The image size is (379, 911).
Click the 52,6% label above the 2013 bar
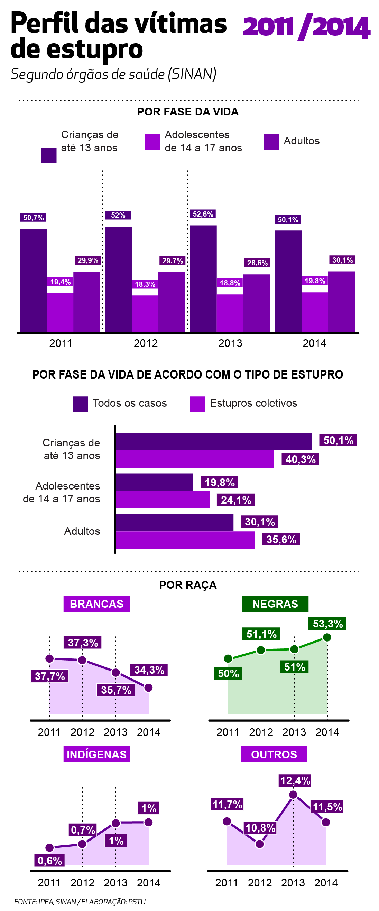[x=203, y=214]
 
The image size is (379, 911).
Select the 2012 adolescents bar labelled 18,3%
[x=145, y=313]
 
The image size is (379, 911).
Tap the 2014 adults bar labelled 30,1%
[x=341, y=301]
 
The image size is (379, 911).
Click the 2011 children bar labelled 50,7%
[x=34, y=280]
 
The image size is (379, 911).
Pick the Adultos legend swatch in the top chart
[x=271, y=142]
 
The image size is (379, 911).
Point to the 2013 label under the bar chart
[x=230, y=343]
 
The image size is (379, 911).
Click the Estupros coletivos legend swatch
[x=197, y=404]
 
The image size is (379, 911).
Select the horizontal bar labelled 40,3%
[x=195, y=459]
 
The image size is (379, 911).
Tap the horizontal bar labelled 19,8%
[x=154, y=482]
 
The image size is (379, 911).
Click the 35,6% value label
[x=281, y=539]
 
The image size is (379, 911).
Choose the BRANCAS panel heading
[x=96, y=604]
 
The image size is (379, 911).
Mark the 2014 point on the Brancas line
[x=149, y=687]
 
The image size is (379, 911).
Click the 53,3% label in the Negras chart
[x=328, y=624]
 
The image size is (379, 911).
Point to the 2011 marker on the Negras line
[x=228, y=658]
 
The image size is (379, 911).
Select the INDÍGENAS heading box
[x=96, y=755]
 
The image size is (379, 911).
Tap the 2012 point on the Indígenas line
[x=82, y=844]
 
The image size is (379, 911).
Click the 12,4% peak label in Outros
[x=295, y=780]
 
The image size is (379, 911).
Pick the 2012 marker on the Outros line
[x=260, y=844]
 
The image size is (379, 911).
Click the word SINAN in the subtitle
[x=192, y=74]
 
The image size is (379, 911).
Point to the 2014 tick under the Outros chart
[x=326, y=883]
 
